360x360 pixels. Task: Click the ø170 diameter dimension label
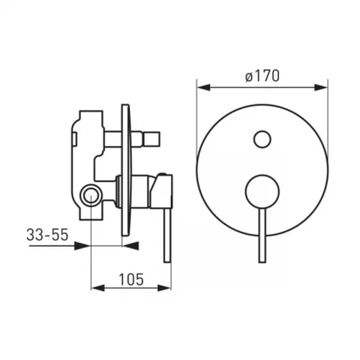pyautogui.click(x=262, y=76)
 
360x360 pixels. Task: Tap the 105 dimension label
pyautogui.click(x=131, y=280)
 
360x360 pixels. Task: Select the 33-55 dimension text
pyautogui.click(x=47, y=235)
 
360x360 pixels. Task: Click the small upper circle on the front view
pyautogui.click(x=262, y=139)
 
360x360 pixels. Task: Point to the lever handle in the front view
pyautogui.click(x=262, y=235)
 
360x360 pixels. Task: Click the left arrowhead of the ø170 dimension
pyautogui.click(x=203, y=88)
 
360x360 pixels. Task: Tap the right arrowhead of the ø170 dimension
pyautogui.click(x=321, y=88)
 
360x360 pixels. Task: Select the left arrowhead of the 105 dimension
pyautogui.click(x=97, y=288)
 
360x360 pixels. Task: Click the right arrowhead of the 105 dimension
pyautogui.click(x=164, y=288)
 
